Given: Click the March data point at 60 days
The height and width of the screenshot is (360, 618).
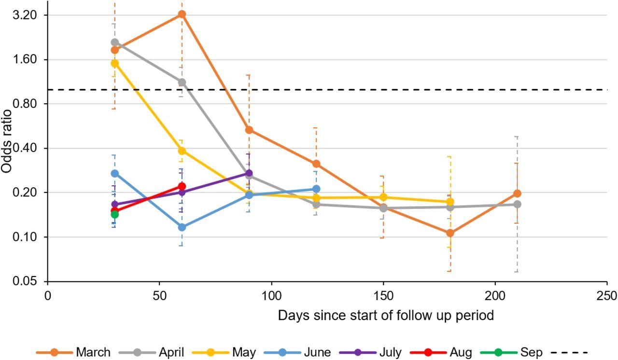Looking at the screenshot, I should click(182, 14).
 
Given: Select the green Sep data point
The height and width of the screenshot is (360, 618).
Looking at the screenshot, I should click(114, 214).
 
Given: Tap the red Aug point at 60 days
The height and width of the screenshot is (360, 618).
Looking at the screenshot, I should click(182, 186).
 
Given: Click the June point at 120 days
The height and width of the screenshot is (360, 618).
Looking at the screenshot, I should click(316, 189).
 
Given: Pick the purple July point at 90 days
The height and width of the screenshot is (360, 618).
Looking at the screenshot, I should click(249, 173).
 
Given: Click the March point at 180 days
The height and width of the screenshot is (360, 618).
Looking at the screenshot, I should click(450, 233).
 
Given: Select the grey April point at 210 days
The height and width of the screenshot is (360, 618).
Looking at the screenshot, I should click(517, 204).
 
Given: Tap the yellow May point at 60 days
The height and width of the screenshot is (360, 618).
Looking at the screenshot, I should click(182, 151).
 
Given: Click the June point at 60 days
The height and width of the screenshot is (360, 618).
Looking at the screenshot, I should click(182, 227).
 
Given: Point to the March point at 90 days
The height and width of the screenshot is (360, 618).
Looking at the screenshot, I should click(249, 130).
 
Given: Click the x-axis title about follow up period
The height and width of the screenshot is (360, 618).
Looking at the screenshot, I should click(386, 316).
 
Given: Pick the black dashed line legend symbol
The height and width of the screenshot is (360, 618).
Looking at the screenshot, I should click(571, 352).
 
